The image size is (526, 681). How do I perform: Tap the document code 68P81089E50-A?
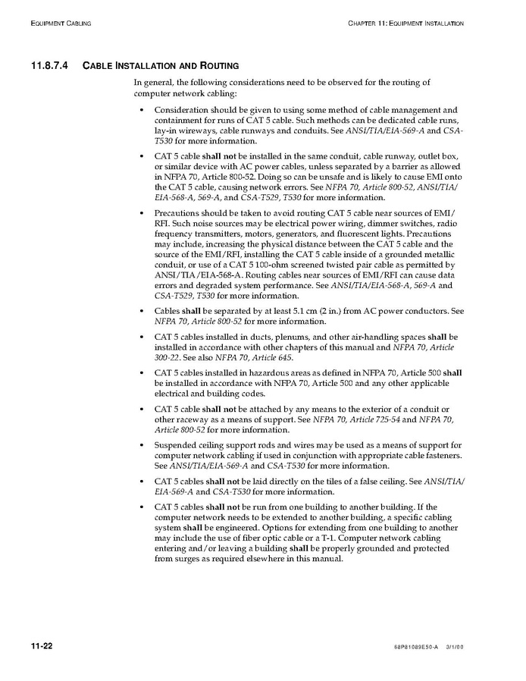(412, 647)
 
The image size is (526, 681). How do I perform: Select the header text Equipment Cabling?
(61, 24)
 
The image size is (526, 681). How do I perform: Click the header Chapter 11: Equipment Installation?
(405, 24)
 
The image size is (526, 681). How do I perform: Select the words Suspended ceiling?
(186, 444)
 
